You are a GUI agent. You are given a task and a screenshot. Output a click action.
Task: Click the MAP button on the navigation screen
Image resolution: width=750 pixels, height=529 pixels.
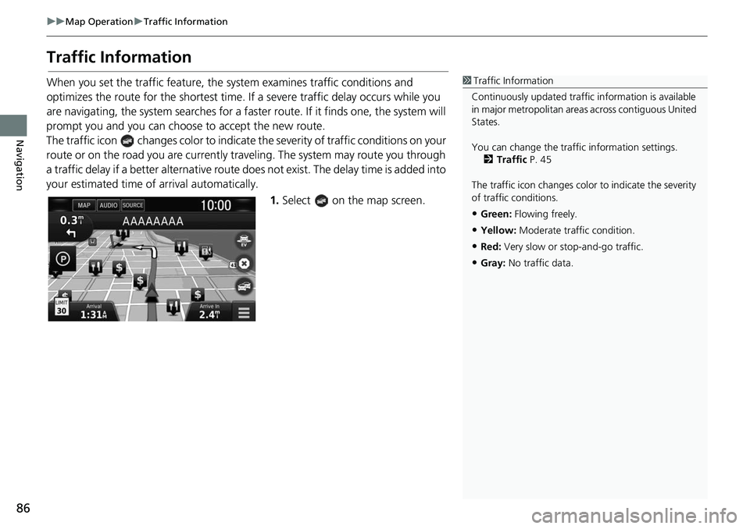click(x=84, y=205)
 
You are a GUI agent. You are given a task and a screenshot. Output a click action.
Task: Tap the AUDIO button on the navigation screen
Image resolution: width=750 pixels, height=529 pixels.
click(x=108, y=205)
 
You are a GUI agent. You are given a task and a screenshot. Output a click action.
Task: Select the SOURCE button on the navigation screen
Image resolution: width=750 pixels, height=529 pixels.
click(x=133, y=205)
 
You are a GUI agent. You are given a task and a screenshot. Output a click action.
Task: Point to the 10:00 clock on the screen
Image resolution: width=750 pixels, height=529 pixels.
click(x=216, y=206)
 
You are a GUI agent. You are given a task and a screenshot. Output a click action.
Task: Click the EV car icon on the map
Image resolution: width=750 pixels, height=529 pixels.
click(x=244, y=242)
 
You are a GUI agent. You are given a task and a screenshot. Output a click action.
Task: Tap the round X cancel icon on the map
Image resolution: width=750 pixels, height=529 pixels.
click(x=244, y=264)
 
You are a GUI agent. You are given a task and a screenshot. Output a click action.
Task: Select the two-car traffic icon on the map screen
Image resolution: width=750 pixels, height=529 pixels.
click(x=244, y=286)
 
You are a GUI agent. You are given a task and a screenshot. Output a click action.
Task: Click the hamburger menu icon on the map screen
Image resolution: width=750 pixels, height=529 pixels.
click(x=244, y=311)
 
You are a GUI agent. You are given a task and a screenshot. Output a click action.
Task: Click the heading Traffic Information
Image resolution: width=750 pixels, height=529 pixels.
click(x=119, y=58)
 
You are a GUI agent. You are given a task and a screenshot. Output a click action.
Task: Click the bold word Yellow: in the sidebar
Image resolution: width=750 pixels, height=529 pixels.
click(x=498, y=230)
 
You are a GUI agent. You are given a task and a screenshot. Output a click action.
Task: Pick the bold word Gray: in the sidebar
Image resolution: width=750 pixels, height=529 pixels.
click(x=492, y=263)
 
